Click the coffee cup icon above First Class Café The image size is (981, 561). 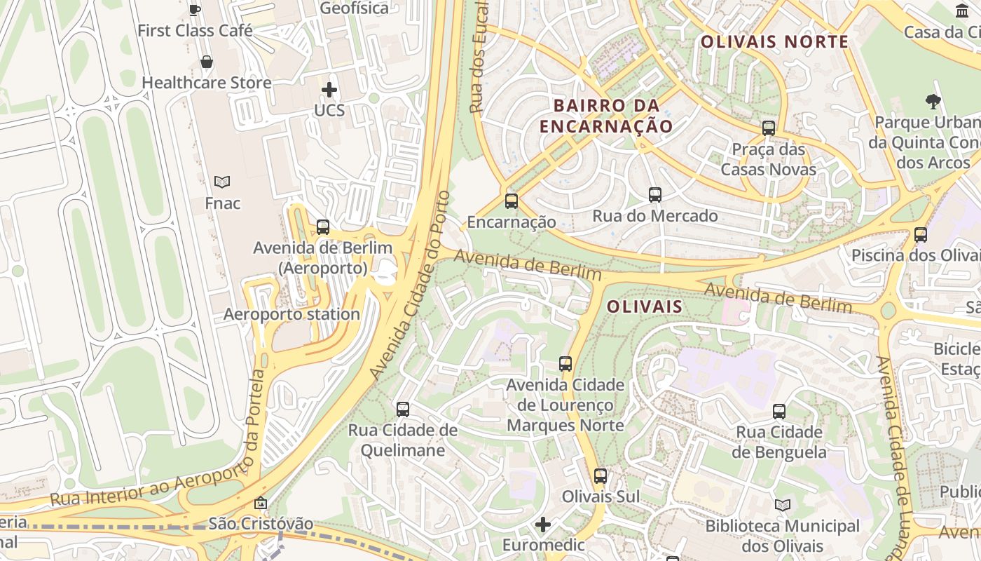click(195, 9)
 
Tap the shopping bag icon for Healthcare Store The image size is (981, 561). click(207, 62)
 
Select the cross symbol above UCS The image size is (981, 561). click(329, 90)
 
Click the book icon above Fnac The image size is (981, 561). click(222, 182)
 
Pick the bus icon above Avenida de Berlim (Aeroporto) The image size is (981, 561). click(323, 227)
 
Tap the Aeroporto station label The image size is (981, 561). click(291, 314)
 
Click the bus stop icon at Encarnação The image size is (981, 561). click(512, 201)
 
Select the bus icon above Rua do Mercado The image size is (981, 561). click(655, 195)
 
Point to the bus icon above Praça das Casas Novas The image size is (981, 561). click(769, 128)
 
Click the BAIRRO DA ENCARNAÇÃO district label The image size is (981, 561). click(606, 116)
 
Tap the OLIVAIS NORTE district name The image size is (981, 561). click(774, 41)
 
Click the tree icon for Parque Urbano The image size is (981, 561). click(933, 102)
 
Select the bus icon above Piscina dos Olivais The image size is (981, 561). click(921, 235)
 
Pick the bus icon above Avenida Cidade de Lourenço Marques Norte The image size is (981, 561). click(565, 364)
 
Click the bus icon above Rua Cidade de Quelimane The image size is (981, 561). click(403, 409)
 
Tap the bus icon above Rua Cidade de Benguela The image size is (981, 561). click(779, 412)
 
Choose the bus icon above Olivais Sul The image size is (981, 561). click(601, 476)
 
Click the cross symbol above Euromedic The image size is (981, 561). click(543, 525)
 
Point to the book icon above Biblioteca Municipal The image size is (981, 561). click(783, 505)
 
